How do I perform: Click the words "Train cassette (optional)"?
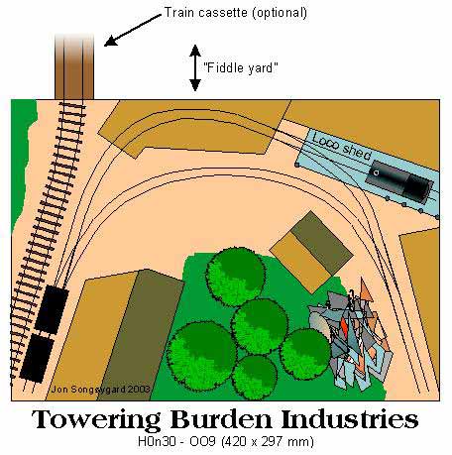coord(235,13)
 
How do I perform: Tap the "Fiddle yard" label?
coord(241,67)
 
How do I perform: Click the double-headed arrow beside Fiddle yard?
coord(195,67)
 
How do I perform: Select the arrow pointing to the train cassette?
coord(133,30)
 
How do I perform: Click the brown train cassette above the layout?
coord(74,66)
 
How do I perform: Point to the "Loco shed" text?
coord(342,146)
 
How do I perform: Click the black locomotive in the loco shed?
coord(399,181)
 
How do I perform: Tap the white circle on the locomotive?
coord(376,172)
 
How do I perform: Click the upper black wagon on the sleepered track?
coord(52,309)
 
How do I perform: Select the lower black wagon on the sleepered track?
coord(37,358)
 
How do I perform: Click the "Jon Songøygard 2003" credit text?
coord(101,389)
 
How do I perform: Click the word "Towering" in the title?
coord(96,420)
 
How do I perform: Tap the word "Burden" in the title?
coord(221,419)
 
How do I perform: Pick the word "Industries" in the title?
coord(350,419)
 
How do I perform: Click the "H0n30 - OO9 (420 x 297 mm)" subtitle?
coord(226,441)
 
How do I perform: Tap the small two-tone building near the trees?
coord(311,252)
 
